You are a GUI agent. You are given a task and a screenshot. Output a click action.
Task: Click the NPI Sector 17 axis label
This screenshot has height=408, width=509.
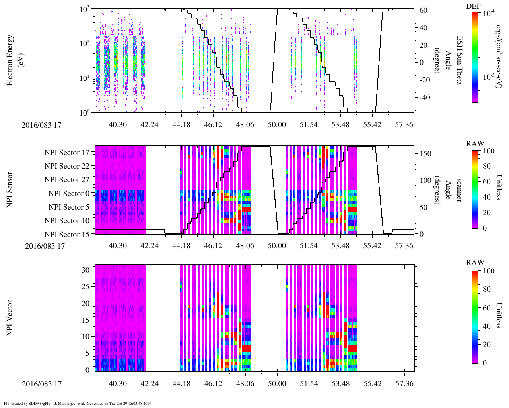[67, 153]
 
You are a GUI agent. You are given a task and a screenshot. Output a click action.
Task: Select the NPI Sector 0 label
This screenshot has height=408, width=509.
[69, 194]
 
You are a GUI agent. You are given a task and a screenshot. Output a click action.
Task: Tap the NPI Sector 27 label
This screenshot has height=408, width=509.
[67, 180]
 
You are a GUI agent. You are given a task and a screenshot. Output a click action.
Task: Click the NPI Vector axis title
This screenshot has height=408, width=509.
[10, 318]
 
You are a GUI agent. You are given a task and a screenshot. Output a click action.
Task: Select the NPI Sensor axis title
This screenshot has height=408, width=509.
[10, 190]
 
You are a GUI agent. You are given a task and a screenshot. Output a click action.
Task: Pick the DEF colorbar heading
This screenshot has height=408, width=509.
[474, 6]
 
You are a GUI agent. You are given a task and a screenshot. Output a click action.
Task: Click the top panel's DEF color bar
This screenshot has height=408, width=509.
[474, 57]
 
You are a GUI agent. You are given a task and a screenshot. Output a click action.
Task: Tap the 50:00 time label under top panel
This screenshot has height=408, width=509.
[277, 125]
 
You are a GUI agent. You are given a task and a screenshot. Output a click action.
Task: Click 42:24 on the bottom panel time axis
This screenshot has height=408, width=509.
[150, 384]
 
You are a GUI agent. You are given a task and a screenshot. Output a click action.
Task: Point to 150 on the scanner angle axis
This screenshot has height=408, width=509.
[426, 153]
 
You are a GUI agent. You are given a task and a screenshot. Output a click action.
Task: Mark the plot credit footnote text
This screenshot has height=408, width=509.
[78, 403]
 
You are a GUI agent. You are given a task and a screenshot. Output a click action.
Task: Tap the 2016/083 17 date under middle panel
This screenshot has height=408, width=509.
[45, 246]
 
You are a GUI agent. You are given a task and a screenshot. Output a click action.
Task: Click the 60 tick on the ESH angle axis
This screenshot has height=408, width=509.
[423, 10]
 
